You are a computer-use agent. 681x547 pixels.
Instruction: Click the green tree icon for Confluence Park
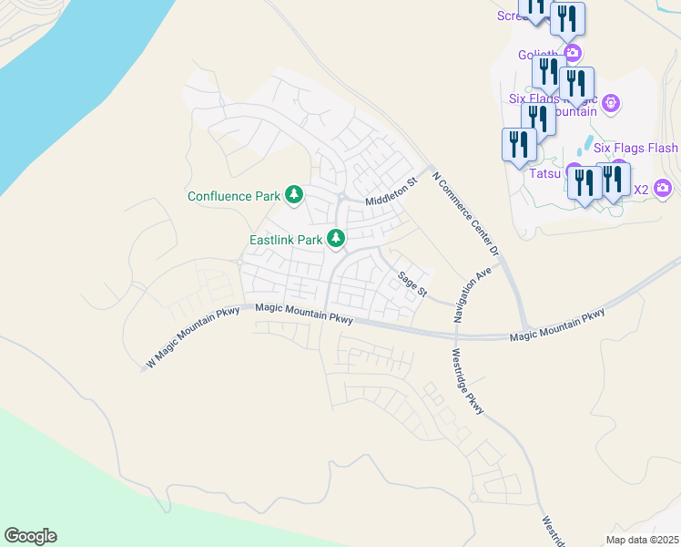coord(293,194)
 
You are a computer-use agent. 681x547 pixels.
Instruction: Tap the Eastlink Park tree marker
coord(337,239)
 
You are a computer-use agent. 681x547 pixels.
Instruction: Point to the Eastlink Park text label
coord(286,241)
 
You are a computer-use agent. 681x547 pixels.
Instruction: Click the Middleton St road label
coord(391,192)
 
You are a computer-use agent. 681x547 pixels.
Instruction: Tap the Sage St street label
coord(411,283)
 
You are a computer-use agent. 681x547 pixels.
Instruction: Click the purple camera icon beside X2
coord(663,189)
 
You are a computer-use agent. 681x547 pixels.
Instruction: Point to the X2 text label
coord(640,190)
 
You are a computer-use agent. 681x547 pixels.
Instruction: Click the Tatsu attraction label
coord(544,170)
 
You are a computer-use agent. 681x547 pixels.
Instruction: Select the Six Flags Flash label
coord(635,148)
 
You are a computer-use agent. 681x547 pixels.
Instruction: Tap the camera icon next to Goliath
coord(573,53)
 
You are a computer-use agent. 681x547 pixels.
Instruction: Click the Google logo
coord(30,536)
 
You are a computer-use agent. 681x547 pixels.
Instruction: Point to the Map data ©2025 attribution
coord(643,540)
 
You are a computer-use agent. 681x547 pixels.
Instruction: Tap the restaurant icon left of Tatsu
coord(519,145)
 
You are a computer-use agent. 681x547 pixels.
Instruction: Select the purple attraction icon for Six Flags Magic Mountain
coord(612,103)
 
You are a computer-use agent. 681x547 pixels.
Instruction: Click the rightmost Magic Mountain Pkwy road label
coord(556,326)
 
